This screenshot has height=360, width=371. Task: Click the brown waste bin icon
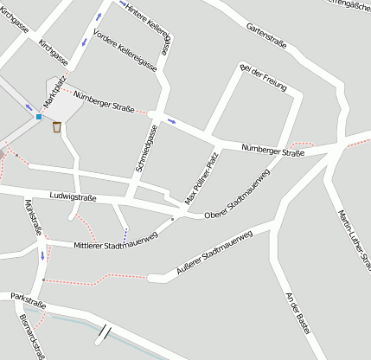pos(57,128)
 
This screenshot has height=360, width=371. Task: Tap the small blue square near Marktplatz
pos(39,116)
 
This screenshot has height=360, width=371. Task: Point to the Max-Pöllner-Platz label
pos(201,178)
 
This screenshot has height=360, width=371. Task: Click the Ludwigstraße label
pos(73,197)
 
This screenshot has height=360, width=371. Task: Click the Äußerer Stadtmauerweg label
pos(213,250)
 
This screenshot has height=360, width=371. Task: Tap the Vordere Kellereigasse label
pos(125,48)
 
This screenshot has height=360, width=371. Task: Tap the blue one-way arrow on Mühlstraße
pos(42,255)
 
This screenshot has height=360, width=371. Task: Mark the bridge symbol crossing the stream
pos(105,331)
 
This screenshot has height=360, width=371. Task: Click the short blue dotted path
pos(125,234)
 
